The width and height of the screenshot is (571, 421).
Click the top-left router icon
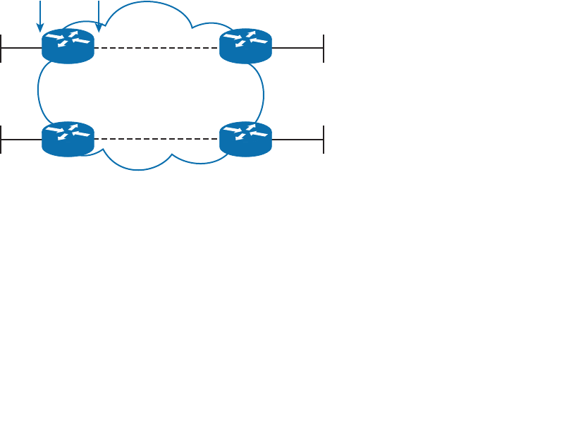coord(68,46)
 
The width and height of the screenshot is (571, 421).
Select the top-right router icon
coord(245,46)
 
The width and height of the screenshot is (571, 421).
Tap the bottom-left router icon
coord(68,138)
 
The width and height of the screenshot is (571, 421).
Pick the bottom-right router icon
coord(245,138)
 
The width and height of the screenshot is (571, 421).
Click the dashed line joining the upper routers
coord(156,48)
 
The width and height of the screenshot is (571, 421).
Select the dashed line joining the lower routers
coord(156,140)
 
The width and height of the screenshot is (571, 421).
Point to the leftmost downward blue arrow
coord(40,14)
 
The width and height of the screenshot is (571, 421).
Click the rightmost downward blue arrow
coord(99,14)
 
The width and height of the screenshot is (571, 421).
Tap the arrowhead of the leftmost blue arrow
coord(40,28)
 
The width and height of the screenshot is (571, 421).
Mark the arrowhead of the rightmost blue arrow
coord(99,28)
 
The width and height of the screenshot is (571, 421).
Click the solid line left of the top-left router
coord(21,48)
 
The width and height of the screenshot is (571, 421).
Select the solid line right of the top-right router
coord(297,48)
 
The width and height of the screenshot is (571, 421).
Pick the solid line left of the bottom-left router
coord(21,140)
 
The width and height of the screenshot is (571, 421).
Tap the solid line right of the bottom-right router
coord(297,140)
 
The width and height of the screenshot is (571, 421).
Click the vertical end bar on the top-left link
coord(1,48)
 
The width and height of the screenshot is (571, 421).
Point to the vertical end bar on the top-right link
coord(324,48)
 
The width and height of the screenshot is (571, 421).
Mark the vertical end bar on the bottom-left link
coord(1,140)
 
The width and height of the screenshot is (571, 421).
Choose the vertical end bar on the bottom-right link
coord(324,140)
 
